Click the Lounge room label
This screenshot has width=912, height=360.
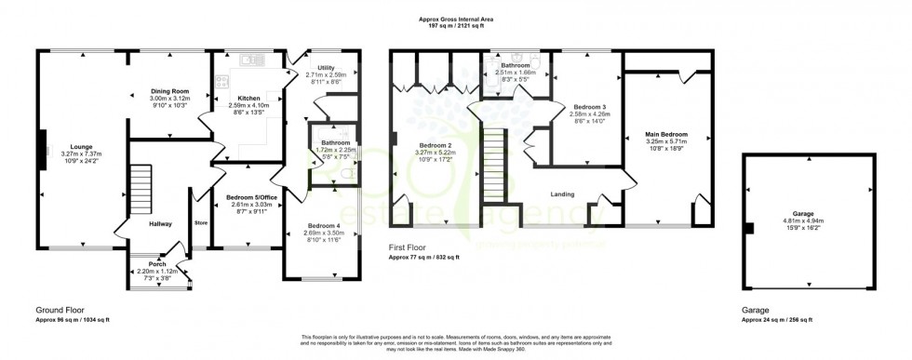(x=76, y=146)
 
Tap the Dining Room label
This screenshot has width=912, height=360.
(x=169, y=91)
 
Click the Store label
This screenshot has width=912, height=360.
(x=200, y=222)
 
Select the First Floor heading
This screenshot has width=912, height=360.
(x=409, y=248)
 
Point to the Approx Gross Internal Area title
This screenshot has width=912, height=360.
(x=457, y=19)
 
